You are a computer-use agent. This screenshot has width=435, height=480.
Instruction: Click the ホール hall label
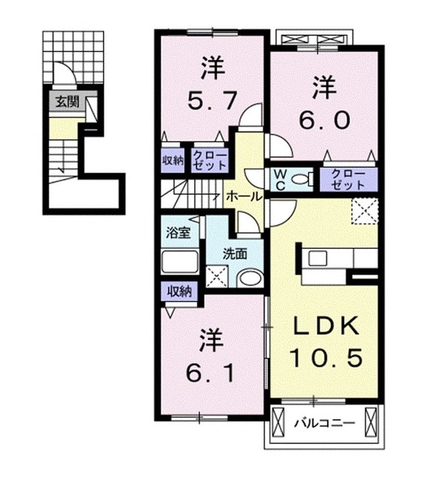click(244, 196)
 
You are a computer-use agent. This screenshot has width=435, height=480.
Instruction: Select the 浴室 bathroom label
click(178, 232)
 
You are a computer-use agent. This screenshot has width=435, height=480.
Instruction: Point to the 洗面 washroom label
click(235, 253)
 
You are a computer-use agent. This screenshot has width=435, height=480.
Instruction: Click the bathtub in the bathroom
click(179, 262)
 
